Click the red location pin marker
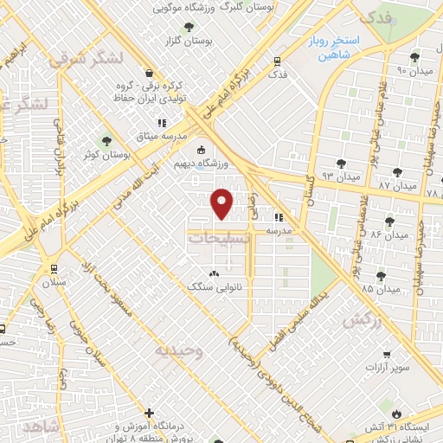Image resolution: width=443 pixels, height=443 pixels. (x=222, y=203)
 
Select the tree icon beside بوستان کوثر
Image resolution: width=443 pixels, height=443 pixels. (x=107, y=140)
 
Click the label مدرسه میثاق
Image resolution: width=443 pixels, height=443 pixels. (x=159, y=136)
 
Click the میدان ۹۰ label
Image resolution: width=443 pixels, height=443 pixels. (x=414, y=70)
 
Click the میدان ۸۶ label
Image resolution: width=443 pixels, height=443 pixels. (x=388, y=234)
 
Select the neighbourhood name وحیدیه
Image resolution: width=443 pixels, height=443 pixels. (x=179, y=350)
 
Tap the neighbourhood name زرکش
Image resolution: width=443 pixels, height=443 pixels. (x=363, y=320)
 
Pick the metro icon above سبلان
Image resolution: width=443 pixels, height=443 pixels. (x=55, y=267)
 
